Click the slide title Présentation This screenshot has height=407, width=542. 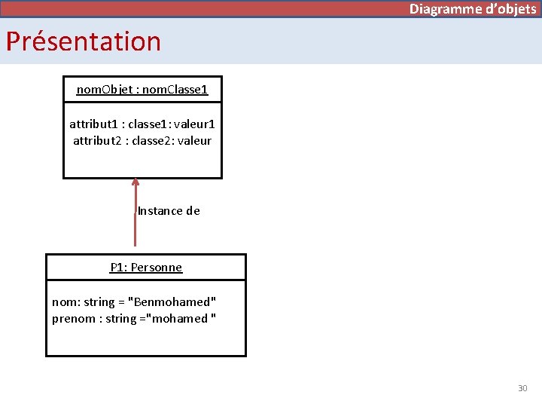(x=84, y=41)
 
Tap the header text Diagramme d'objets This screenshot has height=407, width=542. (x=473, y=9)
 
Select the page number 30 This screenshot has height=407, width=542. (x=522, y=388)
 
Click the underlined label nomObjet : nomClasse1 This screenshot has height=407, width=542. (x=142, y=90)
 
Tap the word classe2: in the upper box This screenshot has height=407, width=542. (x=156, y=140)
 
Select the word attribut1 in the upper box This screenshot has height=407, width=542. (x=94, y=124)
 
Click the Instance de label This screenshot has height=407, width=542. (x=169, y=211)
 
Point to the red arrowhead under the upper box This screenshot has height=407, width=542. (x=135, y=182)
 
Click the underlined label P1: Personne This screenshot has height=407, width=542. (x=146, y=268)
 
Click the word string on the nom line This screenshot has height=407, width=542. (x=99, y=302)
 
